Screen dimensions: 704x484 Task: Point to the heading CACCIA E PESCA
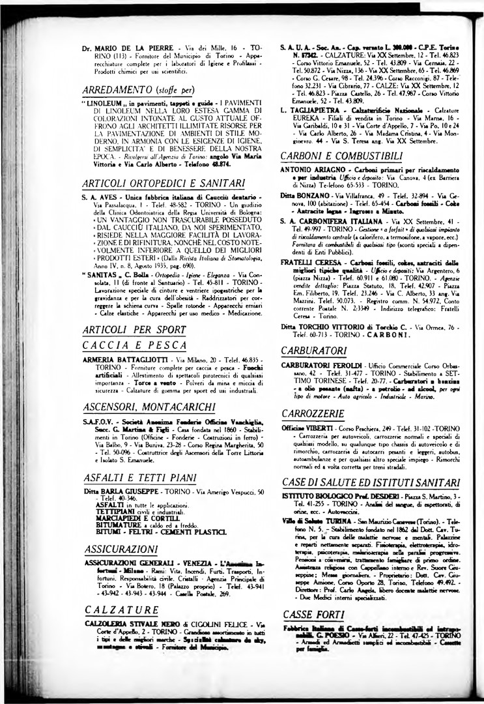[131, 344]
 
